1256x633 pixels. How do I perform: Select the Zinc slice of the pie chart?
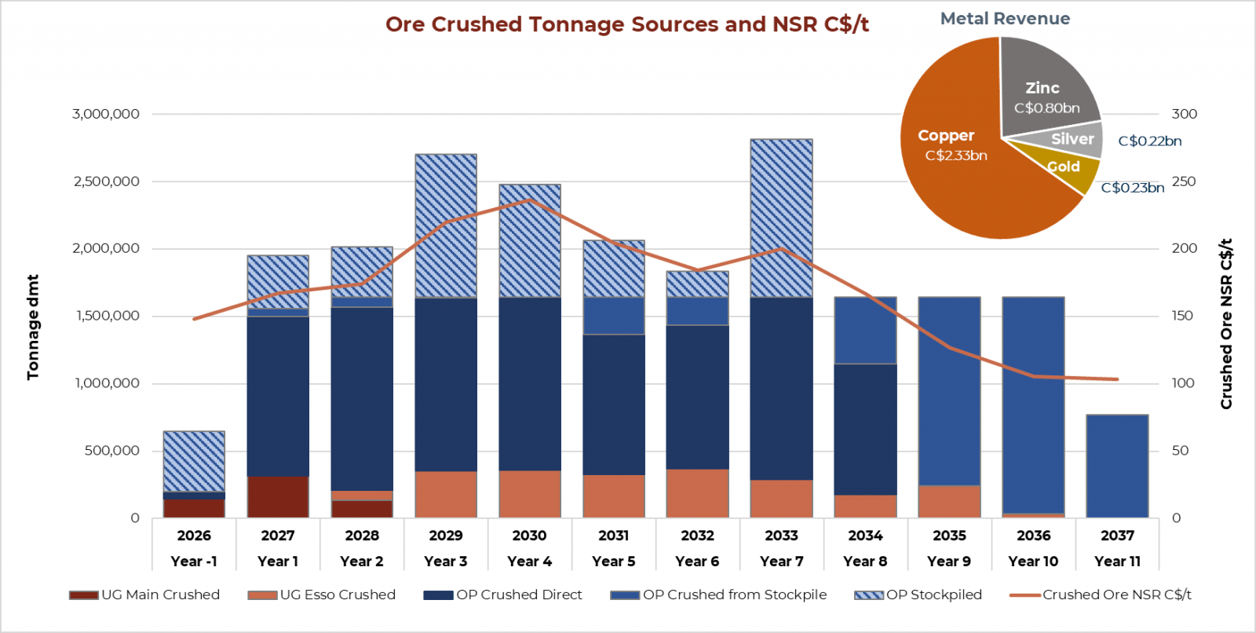click(x=1048, y=86)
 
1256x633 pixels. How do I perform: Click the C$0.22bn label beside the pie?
click(x=1149, y=141)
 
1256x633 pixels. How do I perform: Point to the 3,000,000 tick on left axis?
click(x=106, y=114)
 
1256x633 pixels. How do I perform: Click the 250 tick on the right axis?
click(x=1184, y=181)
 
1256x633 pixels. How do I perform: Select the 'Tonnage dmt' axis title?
click(x=33, y=327)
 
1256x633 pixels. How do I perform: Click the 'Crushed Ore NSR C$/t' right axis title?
click(x=1225, y=324)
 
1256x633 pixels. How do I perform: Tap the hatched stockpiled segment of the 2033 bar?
click(x=781, y=218)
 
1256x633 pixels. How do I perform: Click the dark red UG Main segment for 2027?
click(x=278, y=497)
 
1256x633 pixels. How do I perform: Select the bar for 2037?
click(x=1117, y=466)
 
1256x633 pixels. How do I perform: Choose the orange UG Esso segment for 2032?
click(x=697, y=493)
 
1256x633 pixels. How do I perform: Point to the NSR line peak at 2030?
click(x=530, y=199)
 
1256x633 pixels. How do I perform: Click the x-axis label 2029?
click(x=446, y=536)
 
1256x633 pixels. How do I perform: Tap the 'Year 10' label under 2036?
click(x=1033, y=562)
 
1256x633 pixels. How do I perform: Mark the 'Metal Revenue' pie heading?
click(x=1005, y=19)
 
